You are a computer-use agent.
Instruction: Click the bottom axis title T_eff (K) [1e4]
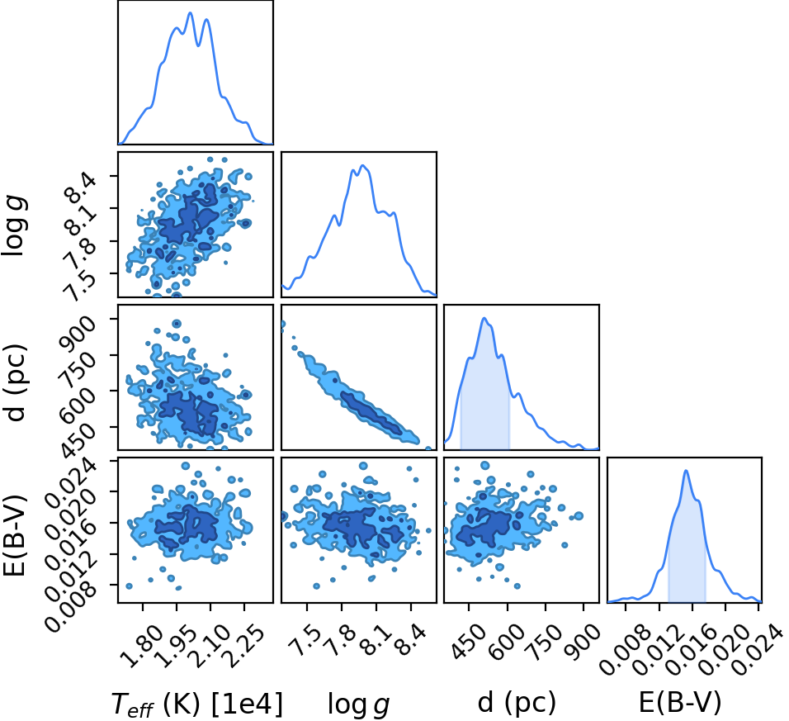pyautogui.click(x=197, y=703)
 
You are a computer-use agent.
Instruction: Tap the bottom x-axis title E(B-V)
pyautogui.click(x=680, y=702)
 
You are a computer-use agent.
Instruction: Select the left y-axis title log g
pyautogui.click(x=14, y=225)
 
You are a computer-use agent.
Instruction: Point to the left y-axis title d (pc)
pyautogui.click(x=15, y=382)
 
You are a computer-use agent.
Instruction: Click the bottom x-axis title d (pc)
pyautogui.click(x=517, y=702)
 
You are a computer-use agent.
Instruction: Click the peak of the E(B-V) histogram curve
pyautogui.click(x=685, y=470)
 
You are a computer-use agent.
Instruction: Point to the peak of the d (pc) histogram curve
pyautogui.click(x=484, y=318)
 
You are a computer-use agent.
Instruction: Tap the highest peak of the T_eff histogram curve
pyautogui.click(x=190, y=12)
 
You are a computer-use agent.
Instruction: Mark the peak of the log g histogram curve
pyautogui.click(x=362, y=165)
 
